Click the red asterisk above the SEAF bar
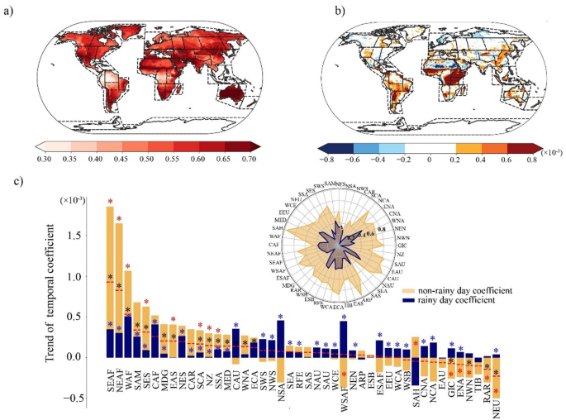tap(110, 201)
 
